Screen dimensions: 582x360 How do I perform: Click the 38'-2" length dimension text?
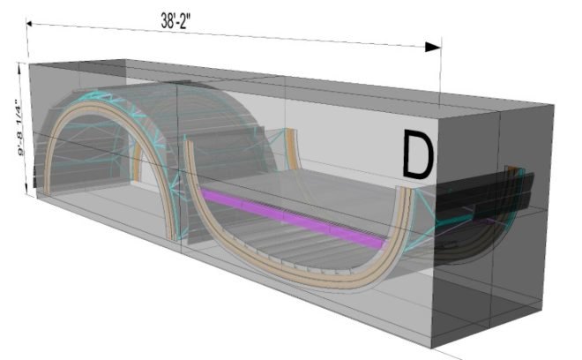(x=175, y=21)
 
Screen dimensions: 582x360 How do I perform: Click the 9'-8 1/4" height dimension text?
(x=21, y=127)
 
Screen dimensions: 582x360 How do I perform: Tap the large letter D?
(x=418, y=154)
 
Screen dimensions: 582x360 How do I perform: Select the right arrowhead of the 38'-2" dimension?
(x=433, y=47)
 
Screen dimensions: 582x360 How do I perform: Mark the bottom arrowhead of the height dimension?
(x=26, y=190)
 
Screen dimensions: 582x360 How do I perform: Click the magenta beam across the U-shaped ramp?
(x=294, y=218)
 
